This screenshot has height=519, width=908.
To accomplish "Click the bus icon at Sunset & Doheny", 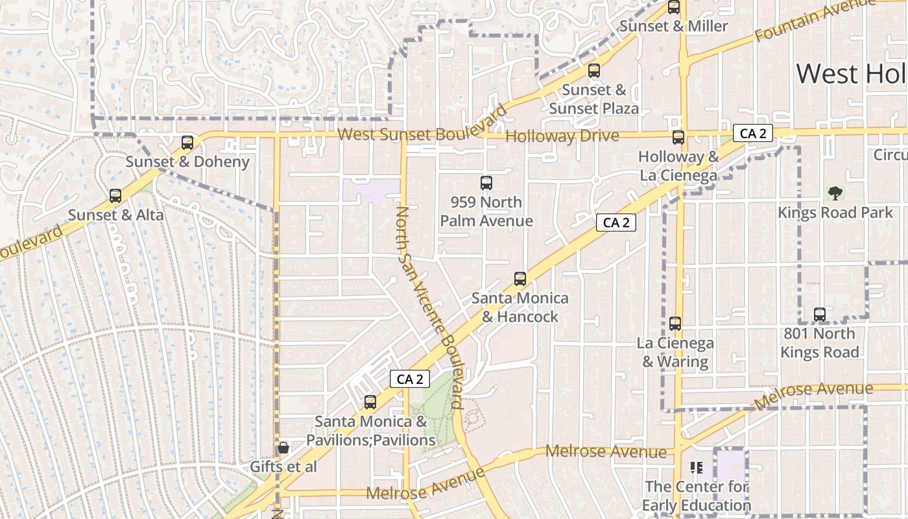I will tap(187, 143).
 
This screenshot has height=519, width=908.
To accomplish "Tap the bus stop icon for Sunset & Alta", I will tap(115, 195).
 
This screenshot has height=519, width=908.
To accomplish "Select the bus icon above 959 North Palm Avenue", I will tap(486, 183).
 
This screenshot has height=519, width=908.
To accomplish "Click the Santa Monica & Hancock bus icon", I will tap(520, 279).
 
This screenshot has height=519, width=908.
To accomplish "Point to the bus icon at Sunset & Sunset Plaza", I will tap(594, 71).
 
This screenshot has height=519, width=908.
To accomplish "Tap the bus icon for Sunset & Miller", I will tap(674, 8).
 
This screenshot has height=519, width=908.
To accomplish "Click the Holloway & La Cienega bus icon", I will tap(678, 138).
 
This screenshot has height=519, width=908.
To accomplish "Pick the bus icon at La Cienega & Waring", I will tap(675, 324).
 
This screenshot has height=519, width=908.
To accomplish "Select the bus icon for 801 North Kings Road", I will tap(820, 315).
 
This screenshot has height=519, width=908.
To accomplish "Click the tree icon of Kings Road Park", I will tap(835, 193).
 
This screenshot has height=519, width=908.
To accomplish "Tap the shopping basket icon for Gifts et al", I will tap(283, 448).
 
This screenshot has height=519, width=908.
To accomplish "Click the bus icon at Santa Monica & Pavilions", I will tap(370, 402).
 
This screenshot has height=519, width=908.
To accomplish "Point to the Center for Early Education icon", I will tap(697, 467).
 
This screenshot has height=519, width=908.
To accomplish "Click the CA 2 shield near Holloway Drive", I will tap(753, 134).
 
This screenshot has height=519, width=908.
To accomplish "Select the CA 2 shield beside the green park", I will tap(410, 379).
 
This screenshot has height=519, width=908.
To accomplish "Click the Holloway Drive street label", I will tap(562, 136).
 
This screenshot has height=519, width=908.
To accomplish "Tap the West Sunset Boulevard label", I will tap(412, 134).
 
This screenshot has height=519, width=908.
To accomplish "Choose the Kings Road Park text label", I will tap(835, 213).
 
